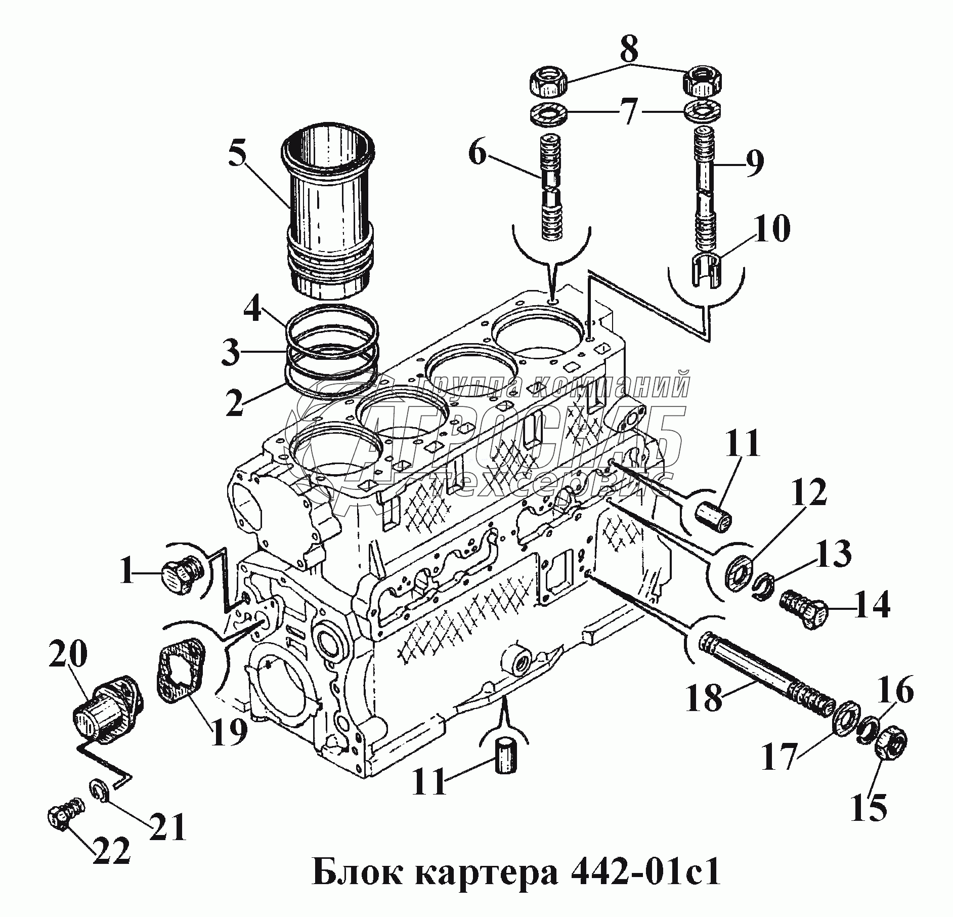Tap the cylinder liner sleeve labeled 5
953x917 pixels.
coord(328,213)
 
